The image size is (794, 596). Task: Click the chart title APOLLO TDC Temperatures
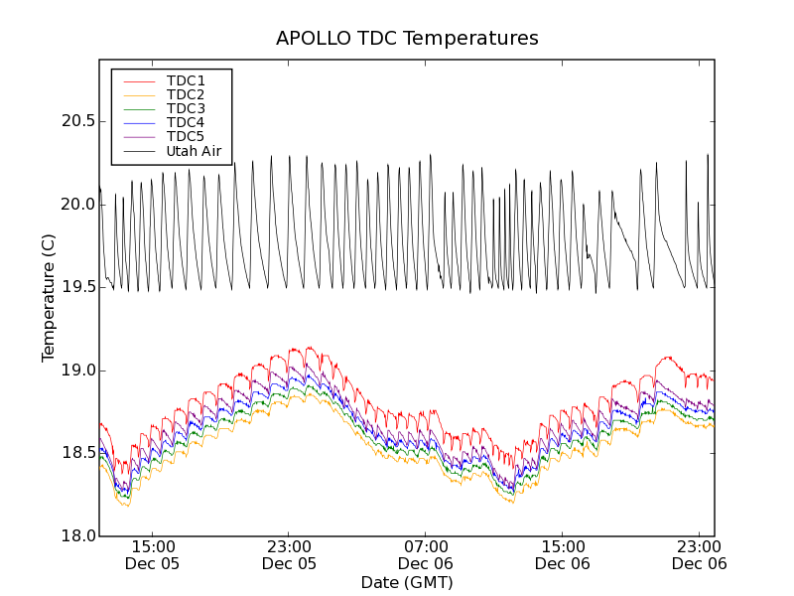(x=407, y=39)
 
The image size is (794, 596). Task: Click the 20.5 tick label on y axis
(x=77, y=121)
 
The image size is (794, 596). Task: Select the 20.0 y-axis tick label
(x=77, y=205)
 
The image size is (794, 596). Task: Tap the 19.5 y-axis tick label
(x=77, y=287)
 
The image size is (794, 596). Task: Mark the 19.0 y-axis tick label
(x=77, y=371)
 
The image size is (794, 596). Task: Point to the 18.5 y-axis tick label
(x=77, y=453)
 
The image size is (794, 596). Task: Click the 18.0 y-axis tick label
(x=77, y=536)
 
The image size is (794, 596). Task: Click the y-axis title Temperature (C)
(x=49, y=298)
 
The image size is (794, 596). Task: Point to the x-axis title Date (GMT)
(x=407, y=582)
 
